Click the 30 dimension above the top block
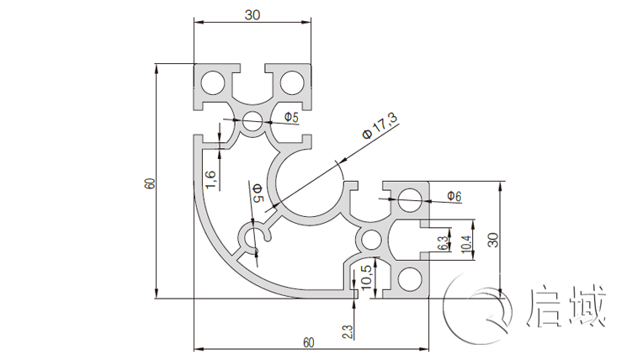pyautogui.click(x=252, y=14)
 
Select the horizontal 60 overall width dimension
pyautogui.click(x=308, y=342)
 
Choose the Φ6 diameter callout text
pyautogui.click(x=454, y=197)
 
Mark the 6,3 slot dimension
pyautogui.click(x=443, y=243)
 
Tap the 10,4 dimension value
pyautogui.click(x=465, y=243)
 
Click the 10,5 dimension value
pyautogui.click(x=365, y=278)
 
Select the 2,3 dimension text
pyautogui.click(x=348, y=329)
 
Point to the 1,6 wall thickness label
pyautogui.click(x=211, y=177)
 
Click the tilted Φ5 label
pyautogui.click(x=258, y=193)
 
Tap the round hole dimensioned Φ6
pyautogui.click(x=410, y=201)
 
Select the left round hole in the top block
pyautogui.click(x=213, y=82)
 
